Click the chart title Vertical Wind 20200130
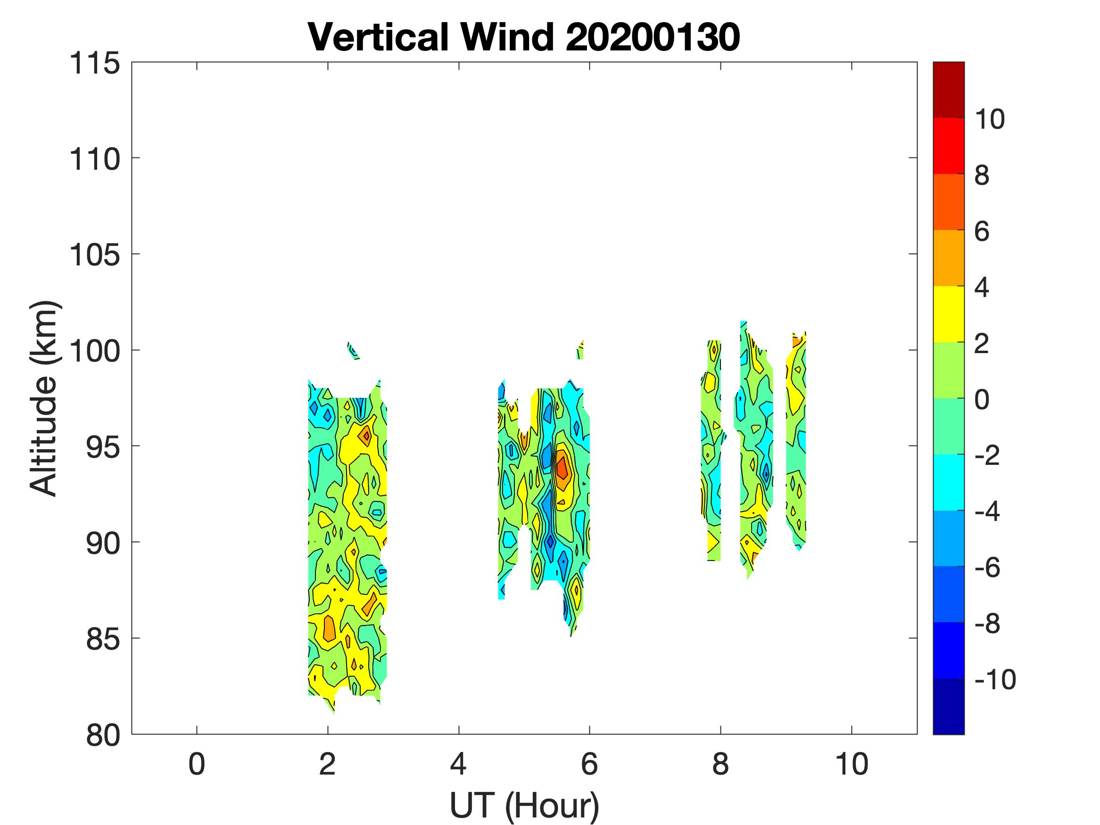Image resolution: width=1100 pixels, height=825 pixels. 524,37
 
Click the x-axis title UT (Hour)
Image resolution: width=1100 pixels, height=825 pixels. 524,805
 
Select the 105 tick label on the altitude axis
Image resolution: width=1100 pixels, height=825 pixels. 94,256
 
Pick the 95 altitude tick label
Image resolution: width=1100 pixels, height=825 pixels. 103,447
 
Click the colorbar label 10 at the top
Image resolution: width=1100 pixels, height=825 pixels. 989,119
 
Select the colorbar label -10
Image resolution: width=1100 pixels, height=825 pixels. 995,679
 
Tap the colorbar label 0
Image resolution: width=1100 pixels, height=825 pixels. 982,399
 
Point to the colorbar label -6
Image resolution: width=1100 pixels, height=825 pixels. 988,568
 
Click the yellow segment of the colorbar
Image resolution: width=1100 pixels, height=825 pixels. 948,314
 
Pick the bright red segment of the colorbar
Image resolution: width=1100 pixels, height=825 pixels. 948,146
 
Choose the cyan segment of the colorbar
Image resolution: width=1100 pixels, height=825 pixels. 948,482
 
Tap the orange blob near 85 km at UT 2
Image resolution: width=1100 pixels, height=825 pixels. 329,629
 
